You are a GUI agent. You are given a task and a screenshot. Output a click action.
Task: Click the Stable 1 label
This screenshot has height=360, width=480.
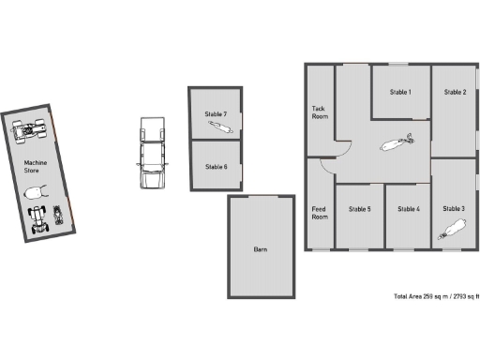[400, 92]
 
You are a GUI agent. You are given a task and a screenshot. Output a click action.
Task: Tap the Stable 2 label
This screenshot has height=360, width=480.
[455, 92]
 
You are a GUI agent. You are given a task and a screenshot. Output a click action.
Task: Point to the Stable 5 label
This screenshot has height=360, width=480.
[359, 209]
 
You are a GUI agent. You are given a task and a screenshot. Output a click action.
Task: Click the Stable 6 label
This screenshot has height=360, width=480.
[216, 167]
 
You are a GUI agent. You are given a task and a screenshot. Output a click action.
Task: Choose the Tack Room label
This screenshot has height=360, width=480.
[320, 112]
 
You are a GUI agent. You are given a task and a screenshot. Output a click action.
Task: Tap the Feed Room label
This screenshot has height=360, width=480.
[320, 213]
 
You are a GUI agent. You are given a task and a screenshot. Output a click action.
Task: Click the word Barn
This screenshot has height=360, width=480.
[261, 250]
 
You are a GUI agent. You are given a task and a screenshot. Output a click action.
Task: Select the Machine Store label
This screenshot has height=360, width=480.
[36, 167]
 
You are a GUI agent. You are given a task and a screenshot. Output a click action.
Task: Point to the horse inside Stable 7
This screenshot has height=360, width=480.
[217, 124]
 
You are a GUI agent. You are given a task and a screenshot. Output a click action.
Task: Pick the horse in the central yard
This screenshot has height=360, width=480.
[394, 145]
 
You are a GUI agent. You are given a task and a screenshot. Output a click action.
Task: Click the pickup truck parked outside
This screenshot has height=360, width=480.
[151, 153]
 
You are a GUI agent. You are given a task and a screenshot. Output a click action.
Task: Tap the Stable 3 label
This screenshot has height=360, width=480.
[455, 208]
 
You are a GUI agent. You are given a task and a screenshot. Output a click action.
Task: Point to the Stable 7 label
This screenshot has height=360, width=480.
[216, 113]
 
